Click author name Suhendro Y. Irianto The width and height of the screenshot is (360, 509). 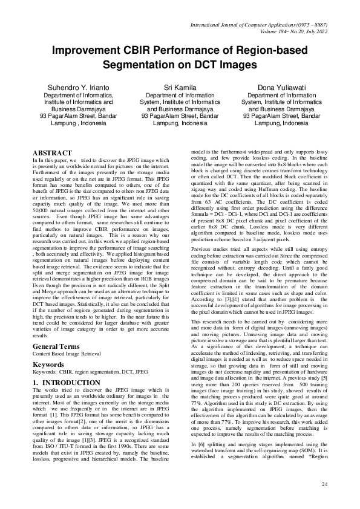point(79,88)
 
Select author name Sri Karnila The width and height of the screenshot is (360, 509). point(180,88)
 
